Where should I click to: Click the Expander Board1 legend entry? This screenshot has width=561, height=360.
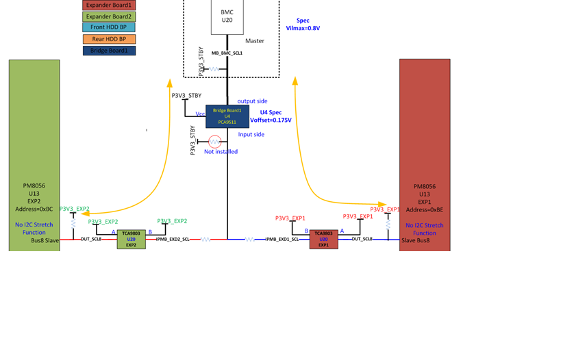[x=109, y=5]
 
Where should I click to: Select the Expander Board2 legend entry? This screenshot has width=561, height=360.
[x=109, y=16]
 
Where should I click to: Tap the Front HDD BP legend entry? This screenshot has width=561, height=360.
[x=109, y=27]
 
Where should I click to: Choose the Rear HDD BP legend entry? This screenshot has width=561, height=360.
[x=109, y=39]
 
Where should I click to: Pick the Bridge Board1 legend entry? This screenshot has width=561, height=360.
[x=109, y=51]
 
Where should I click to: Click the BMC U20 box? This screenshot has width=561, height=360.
[x=227, y=16]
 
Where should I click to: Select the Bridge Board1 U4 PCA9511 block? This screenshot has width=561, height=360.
[x=227, y=116]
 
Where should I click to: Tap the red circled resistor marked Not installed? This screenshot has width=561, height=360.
[x=214, y=142]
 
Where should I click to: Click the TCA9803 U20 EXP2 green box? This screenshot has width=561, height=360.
[x=131, y=239]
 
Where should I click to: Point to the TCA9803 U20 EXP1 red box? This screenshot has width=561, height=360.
[x=323, y=239]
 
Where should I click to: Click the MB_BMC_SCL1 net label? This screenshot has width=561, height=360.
[x=227, y=53]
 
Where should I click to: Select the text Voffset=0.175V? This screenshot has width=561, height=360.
[x=271, y=120]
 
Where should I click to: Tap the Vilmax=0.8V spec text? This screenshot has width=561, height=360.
[x=303, y=28]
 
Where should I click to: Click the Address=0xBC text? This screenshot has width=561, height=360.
[x=34, y=209]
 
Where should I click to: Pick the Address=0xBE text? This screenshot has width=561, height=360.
[x=425, y=209]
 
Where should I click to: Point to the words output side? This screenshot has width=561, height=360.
[x=252, y=101]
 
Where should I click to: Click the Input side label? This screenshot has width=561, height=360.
[x=251, y=135]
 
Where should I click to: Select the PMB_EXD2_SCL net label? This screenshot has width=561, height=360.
[x=173, y=240]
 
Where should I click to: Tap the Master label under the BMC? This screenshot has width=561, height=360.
[x=254, y=41]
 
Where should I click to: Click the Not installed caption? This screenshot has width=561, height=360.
[x=221, y=152]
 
